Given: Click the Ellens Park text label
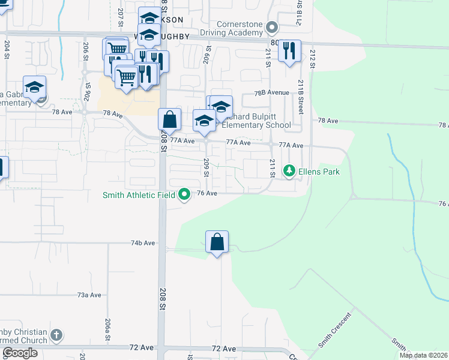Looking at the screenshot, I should (320, 172).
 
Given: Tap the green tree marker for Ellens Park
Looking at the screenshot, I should (290, 172).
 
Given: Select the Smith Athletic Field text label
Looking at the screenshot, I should (139, 194).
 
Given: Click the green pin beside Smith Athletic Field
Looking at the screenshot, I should (185, 194).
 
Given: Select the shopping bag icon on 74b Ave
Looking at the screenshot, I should (217, 242).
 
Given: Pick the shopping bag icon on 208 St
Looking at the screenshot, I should (170, 119).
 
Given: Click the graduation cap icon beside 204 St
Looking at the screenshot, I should (35, 87).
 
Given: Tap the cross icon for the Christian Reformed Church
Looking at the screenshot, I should (56, 335).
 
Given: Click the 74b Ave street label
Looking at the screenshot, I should (143, 243).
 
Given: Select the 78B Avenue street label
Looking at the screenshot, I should (271, 93).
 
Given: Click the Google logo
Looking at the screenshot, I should (20, 353).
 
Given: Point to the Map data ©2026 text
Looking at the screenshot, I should (423, 355).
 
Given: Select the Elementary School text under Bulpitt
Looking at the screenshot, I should (256, 125).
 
